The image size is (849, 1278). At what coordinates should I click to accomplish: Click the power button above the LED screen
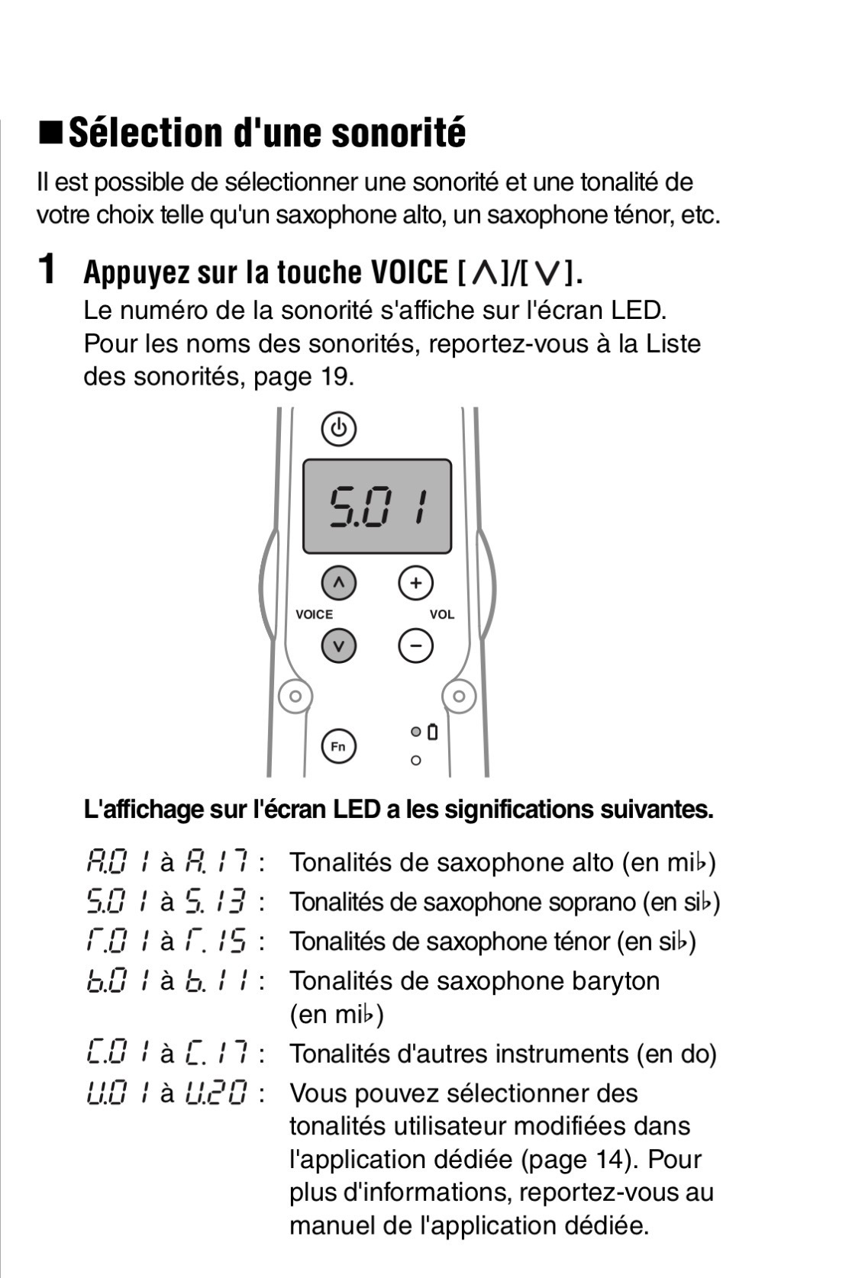(338, 429)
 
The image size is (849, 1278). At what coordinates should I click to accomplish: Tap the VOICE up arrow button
(339, 584)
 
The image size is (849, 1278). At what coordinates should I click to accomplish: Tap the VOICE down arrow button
(339, 646)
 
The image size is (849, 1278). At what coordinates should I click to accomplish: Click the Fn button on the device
(338, 745)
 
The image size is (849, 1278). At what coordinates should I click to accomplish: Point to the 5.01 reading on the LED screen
(376, 507)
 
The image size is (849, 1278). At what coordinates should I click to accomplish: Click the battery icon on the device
(433, 732)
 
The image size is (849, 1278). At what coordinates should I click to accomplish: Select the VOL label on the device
(441, 615)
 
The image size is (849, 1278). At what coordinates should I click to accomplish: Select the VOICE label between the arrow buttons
(315, 615)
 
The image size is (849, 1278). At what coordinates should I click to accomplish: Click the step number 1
(47, 269)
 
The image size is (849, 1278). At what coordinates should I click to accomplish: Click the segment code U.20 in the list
(218, 1094)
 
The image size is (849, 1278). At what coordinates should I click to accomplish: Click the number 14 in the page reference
(618, 1160)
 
